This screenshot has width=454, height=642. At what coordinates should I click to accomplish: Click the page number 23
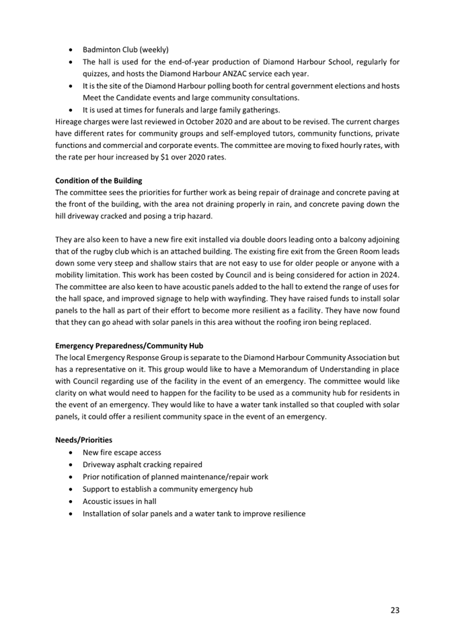click(394, 610)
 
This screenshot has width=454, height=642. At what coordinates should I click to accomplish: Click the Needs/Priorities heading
click(83, 440)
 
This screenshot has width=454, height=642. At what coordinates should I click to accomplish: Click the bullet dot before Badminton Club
click(71, 50)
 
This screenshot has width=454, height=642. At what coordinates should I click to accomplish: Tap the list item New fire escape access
click(121, 452)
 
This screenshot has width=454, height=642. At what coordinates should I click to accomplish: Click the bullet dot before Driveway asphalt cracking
click(71, 465)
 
